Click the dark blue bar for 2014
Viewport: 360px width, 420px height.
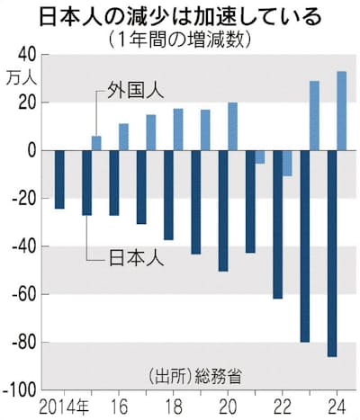pos(59,179)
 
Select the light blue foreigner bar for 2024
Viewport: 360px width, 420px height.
pos(342,111)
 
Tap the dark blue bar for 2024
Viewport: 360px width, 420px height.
pos(332,254)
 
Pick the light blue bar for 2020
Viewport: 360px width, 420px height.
pos(232,126)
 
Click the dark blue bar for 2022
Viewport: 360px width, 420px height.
pos(277,225)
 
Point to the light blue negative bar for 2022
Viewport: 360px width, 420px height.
pos(287,163)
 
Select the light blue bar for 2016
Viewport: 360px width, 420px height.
pos(123,137)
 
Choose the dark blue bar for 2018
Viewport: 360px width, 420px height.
pos(168,195)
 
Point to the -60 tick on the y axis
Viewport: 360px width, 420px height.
pos(24,294)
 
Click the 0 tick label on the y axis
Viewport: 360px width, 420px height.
pos(32,150)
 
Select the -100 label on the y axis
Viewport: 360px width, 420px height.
pos(20,390)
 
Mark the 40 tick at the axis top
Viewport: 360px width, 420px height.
pos(29,54)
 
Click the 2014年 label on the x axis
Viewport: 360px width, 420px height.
pos(64,407)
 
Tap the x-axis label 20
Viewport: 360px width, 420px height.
pos(228,408)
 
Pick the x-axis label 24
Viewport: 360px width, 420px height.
pos(337,408)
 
